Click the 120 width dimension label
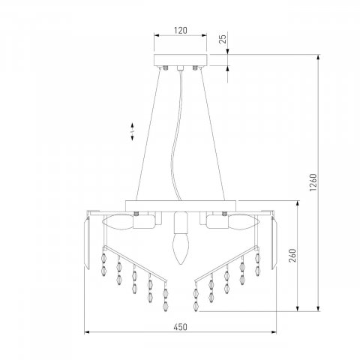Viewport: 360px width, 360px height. pos(181,31)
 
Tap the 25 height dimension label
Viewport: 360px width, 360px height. pos(223,39)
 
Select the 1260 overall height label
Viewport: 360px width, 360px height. pos(313,182)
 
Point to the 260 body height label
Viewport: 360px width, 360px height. pos(292,255)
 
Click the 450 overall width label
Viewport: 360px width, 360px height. pos(181,327)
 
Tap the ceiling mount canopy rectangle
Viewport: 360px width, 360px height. pos(181,60)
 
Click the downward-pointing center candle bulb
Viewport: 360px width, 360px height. pos(181,249)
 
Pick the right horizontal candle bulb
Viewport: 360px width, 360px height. pos(244,222)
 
